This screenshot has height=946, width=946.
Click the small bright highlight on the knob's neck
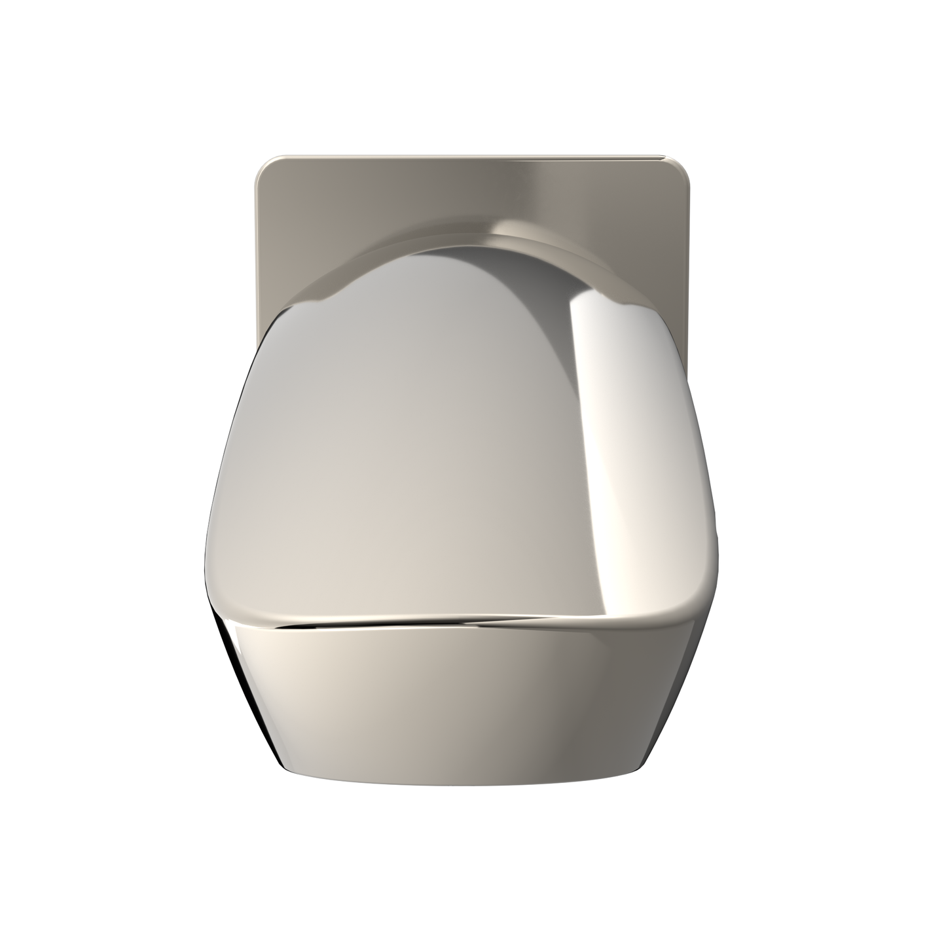pyautogui.click(x=517, y=229)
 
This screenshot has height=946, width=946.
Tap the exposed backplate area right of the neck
pyautogui.click(x=661, y=262)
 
